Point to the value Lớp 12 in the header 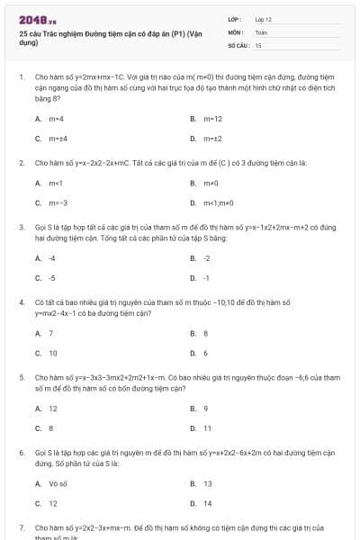[x=263, y=19]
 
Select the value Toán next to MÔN [x=261, y=31]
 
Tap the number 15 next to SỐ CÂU [x=258, y=44]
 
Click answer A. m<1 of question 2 [x=49, y=183]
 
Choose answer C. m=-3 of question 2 [x=51, y=202]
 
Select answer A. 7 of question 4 [x=45, y=333]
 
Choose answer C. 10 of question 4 [x=48, y=353]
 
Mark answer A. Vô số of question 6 [x=51, y=483]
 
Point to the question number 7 [x=21, y=526]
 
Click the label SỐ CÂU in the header [x=238, y=44]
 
